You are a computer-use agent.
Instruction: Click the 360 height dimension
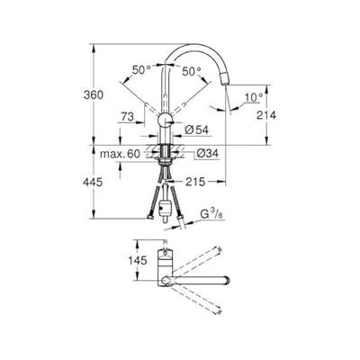[94, 94]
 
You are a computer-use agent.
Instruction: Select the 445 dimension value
[93, 182]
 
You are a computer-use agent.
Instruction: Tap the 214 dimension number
[266, 114]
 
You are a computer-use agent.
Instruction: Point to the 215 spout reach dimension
[195, 182]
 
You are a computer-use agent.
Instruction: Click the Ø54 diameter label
[197, 130]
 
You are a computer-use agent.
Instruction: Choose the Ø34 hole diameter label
[208, 154]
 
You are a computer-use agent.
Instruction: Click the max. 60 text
[120, 154]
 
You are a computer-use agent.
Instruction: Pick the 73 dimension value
[128, 117]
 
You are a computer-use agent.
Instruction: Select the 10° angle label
[254, 97]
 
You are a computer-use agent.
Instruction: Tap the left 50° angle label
[141, 70]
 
